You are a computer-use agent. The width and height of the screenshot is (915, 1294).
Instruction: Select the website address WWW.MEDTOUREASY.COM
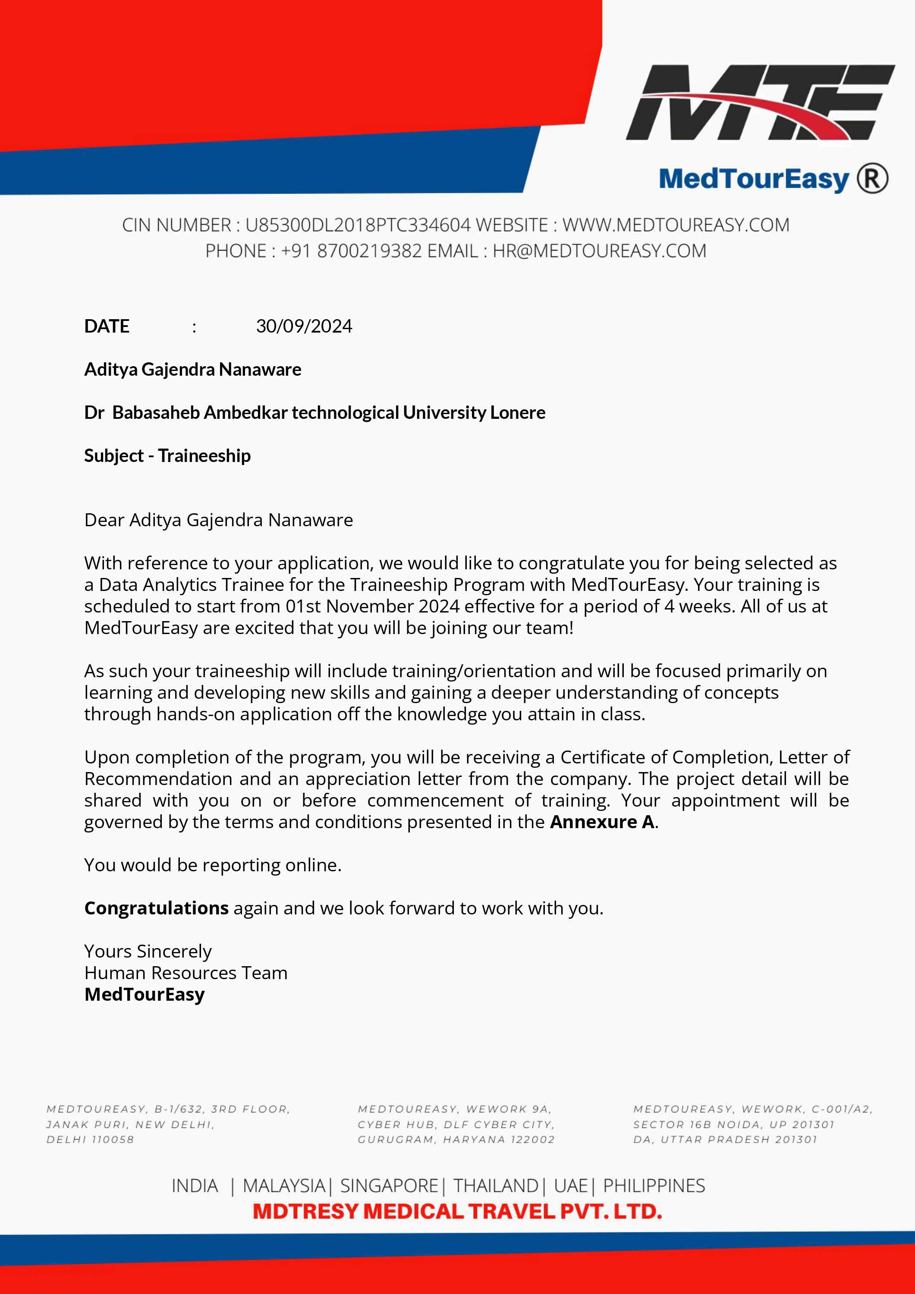click(676, 225)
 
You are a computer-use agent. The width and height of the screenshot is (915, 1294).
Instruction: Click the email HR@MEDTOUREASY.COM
click(599, 251)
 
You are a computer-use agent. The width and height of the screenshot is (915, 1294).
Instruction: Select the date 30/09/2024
click(304, 327)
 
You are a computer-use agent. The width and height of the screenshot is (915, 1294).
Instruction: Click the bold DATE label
click(107, 327)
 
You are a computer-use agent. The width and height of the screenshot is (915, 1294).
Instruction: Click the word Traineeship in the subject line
click(204, 455)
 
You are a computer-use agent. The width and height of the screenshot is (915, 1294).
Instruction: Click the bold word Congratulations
click(156, 908)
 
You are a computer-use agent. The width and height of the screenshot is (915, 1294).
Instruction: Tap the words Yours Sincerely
click(148, 952)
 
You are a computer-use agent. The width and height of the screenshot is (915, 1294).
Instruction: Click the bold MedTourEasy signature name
click(145, 995)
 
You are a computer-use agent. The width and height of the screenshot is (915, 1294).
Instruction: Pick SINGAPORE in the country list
click(389, 1186)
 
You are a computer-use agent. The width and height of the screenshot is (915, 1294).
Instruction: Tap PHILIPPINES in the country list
click(654, 1186)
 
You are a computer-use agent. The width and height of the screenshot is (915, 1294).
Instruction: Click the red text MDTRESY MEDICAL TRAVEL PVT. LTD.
click(457, 1212)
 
